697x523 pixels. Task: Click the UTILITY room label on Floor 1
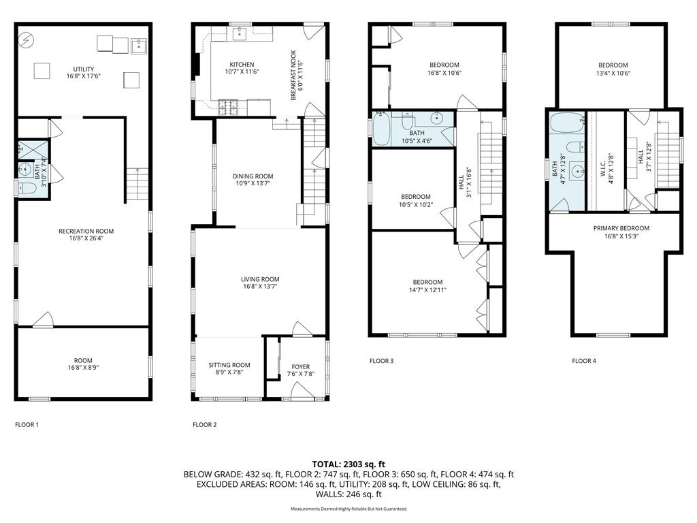coord(84,69)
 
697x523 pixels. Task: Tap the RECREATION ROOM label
coord(86,231)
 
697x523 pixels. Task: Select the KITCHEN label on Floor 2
coord(242,64)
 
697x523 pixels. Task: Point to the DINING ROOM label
coord(253,176)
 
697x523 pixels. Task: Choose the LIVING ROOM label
coord(260,279)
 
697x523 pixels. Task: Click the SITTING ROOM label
coord(229,365)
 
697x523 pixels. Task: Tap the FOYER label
coord(300,365)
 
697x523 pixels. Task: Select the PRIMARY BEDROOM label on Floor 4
coord(621,228)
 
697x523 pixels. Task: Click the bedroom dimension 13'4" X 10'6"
coord(609,74)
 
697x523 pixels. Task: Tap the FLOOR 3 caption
coord(381,361)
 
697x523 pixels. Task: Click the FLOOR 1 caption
coord(27,425)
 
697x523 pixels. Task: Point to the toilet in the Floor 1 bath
coord(25,187)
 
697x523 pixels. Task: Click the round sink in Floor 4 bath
coord(575,170)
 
